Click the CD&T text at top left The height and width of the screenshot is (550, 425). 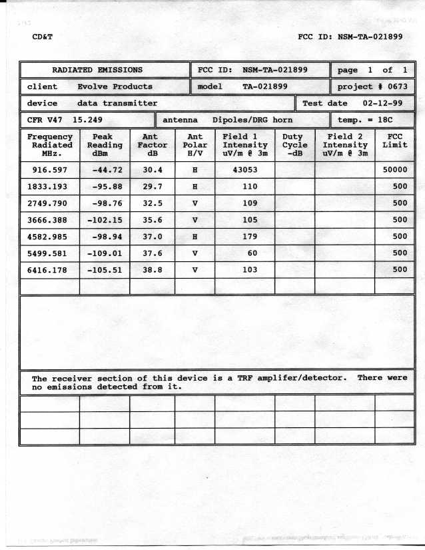pyautogui.click(x=42, y=37)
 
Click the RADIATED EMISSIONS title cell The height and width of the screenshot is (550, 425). pyautogui.click(x=97, y=70)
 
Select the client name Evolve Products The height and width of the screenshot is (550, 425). pyautogui.click(x=115, y=87)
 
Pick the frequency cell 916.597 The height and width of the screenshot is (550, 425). pyautogui.click(x=51, y=169)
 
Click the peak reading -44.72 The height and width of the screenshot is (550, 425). pyautogui.click(x=105, y=169)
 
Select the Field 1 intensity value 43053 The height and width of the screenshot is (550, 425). pyautogui.click(x=244, y=169)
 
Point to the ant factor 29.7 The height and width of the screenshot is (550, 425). pyautogui.click(x=153, y=187)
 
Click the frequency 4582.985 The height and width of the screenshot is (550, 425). pyautogui.click(x=51, y=237)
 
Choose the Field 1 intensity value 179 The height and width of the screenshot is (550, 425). pyautogui.click(x=244, y=237)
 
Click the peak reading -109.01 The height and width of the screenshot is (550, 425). pyautogui.click(x=105, y=253)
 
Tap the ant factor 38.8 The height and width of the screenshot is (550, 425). pyautogui.click(x=153, y=270)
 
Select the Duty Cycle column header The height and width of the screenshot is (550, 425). pyautogui.click(x=294, y=145)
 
